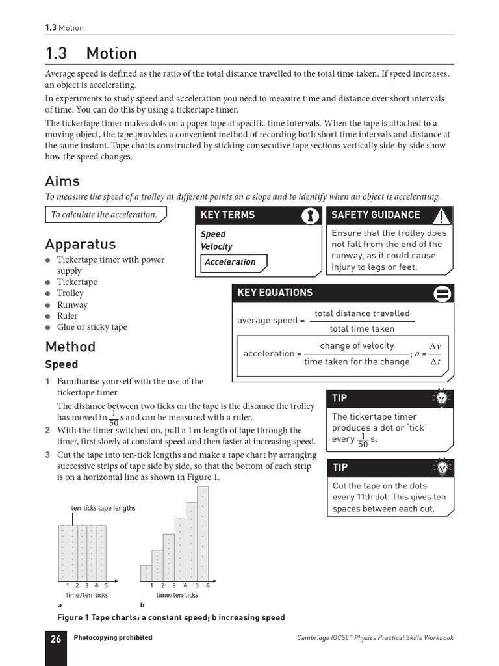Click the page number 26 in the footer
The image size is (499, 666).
click(56, 639)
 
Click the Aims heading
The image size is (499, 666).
click(62, 181)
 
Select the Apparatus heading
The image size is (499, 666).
click(81, 245)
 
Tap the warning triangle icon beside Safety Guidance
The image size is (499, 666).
click(442, 215)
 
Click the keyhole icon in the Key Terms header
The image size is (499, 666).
click(311, 215)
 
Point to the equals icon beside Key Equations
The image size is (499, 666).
click(442, 294)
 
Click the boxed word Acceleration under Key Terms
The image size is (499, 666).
click(231, 262)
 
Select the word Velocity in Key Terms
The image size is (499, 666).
click(216, 246)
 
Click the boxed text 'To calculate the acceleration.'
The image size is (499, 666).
click(105, 215)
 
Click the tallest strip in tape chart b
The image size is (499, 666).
click(203, 533)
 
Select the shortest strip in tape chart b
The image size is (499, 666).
click(146, 573)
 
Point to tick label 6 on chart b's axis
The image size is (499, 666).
click(208, 585)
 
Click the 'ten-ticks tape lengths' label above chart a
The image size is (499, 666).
click(103, 508)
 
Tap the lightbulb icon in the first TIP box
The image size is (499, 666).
click(442, 398)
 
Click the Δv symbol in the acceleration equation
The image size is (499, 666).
click(435, 346)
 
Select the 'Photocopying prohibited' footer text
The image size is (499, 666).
click(113, 638)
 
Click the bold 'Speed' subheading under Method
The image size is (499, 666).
click(61, 365)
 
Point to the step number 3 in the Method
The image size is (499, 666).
click(47, 455)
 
